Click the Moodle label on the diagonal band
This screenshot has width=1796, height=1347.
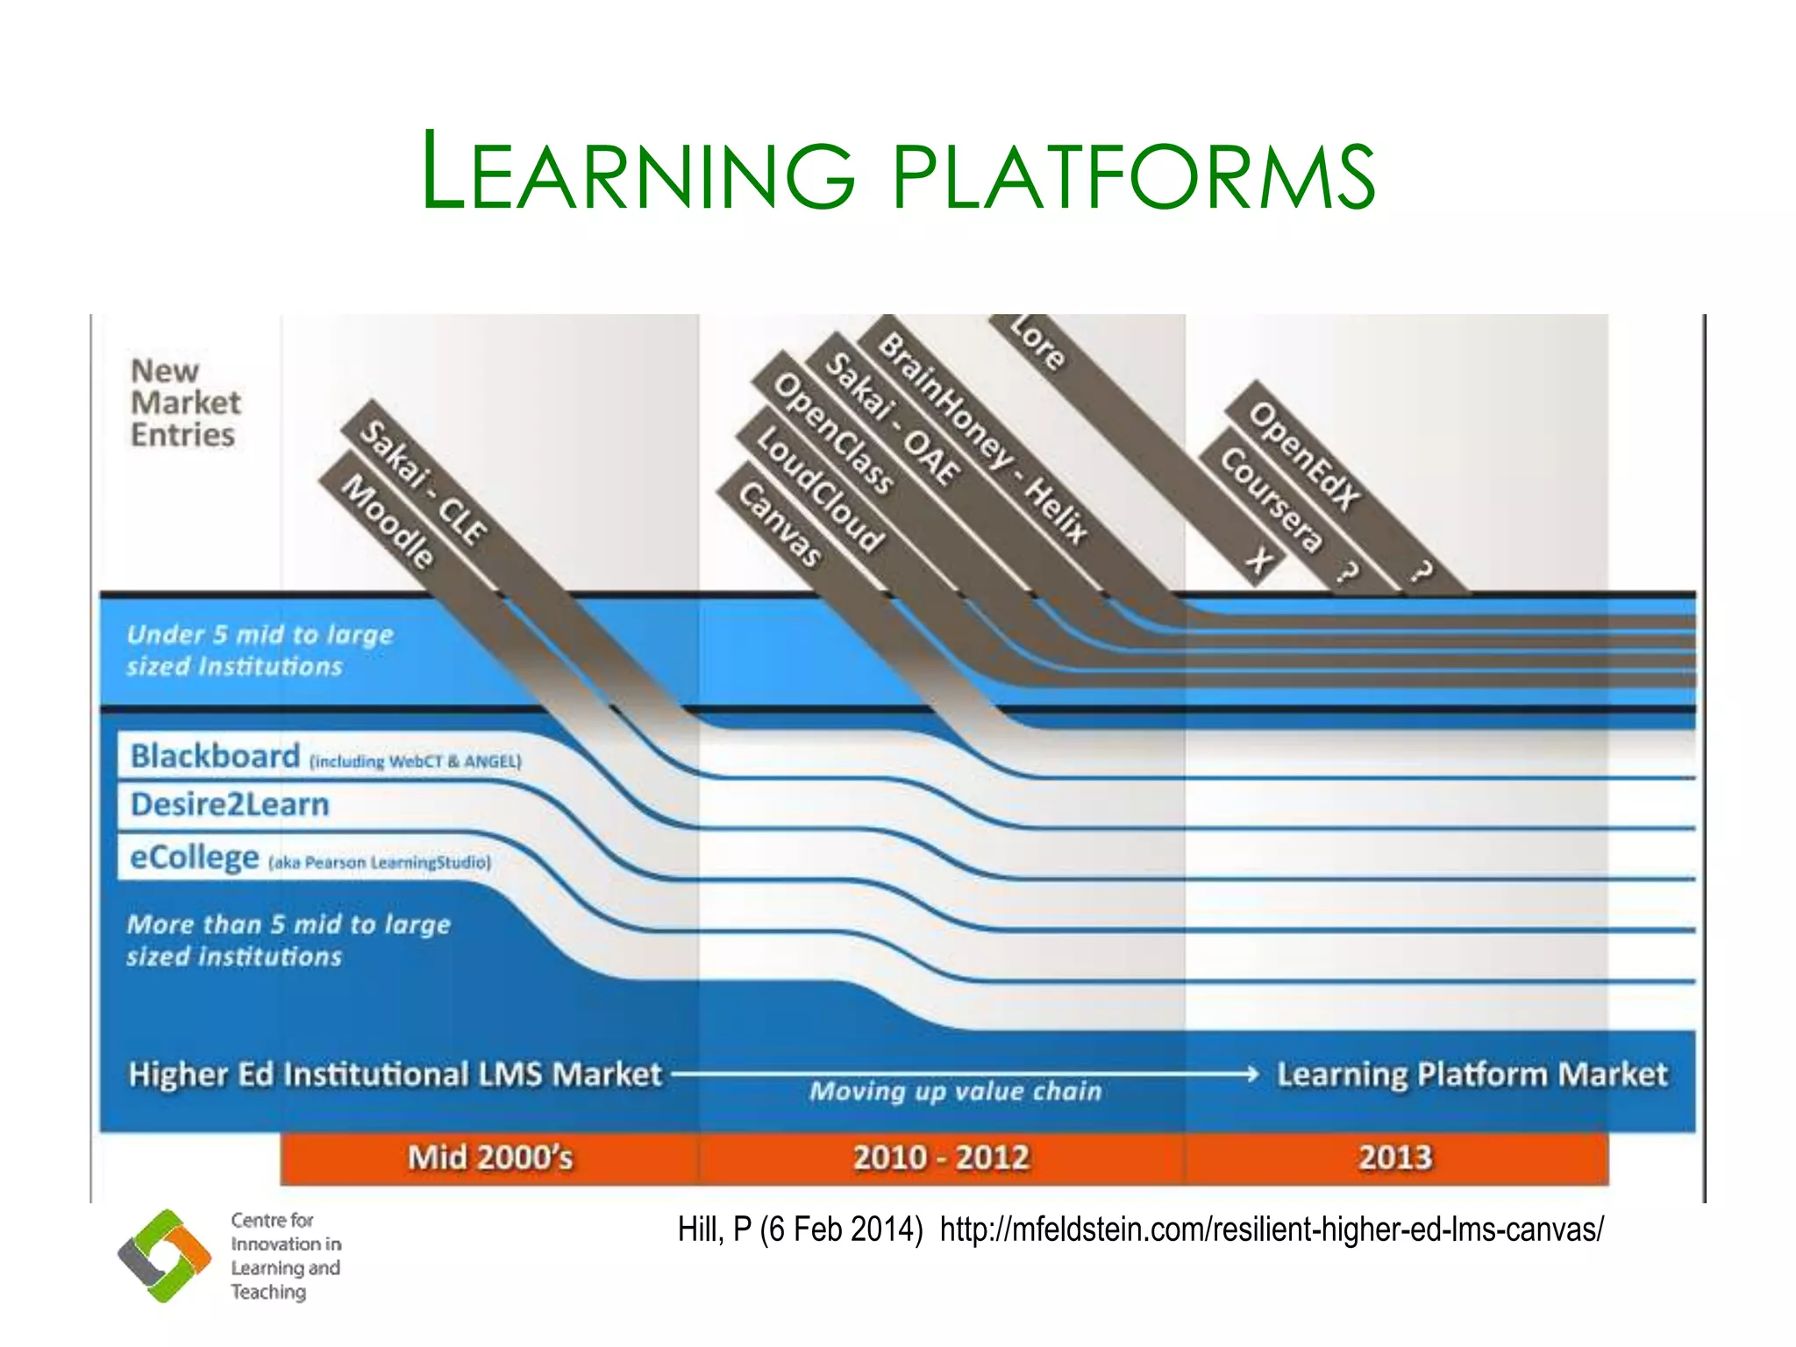pos(388,522)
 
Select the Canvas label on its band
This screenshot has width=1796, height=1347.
pos(780,524)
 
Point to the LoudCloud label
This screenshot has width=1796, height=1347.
pos(819,488)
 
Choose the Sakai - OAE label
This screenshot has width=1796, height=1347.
pos(893,418)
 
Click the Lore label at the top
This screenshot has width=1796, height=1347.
pos(1037,342)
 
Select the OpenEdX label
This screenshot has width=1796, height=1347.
pos(1304,455)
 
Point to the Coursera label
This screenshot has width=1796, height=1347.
pos(1271,499)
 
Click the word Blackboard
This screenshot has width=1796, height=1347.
pos(215,756)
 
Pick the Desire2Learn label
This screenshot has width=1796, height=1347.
pos(230,804)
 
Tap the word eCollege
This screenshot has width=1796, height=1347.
pos(194,857)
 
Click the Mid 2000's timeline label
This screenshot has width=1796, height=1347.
pos(490,1158)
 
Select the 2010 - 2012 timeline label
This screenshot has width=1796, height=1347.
pos(941,1158)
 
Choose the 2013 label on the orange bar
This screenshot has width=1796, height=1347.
pos(1395,1158)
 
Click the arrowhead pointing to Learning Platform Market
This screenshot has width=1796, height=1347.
pos(1251,1073)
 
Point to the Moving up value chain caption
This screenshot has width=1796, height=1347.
pos(955,1091)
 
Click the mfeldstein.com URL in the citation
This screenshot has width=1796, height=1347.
pos(1272,1229)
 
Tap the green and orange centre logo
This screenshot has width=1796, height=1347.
pos(165,1255)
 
